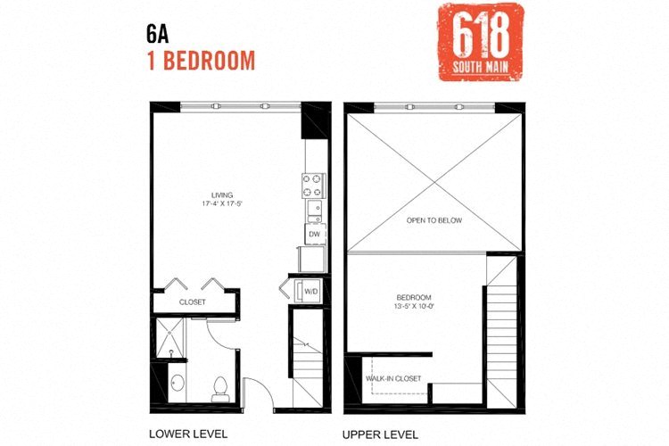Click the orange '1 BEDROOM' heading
click(201, 61)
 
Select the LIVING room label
click(222, 194)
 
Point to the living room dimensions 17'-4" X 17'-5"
click(222, 204)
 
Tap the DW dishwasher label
click(314, 235)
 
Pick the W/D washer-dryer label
click(311, 290)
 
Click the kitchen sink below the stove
click(314, 211)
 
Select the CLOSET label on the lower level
click(193, 302)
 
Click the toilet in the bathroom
click(219, 387)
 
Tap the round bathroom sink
click(176, 385)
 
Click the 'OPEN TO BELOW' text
click(434, 220)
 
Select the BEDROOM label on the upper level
click(415, 297)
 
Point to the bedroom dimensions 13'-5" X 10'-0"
click(415, 307)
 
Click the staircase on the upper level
click(500, 334)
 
